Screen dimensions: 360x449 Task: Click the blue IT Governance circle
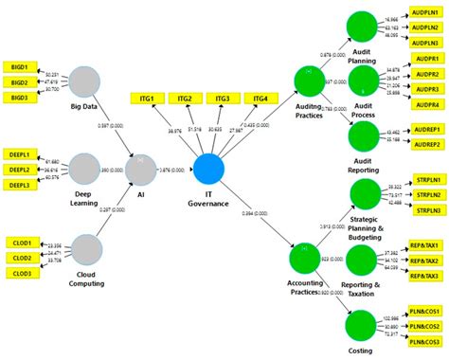[x=208, y=171]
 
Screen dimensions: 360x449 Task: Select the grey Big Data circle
[x=84, y=82]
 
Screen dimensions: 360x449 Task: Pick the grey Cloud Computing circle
[x=86, y=250]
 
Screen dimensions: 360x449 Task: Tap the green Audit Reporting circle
[x=364, y=136]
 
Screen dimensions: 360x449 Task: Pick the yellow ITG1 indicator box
[x=148, y=99]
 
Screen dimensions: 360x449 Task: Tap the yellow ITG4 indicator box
[x=259, y=99]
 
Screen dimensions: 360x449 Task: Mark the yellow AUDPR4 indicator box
[x=424, y=104]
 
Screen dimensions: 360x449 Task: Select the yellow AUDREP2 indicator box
[x=424, y=144]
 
